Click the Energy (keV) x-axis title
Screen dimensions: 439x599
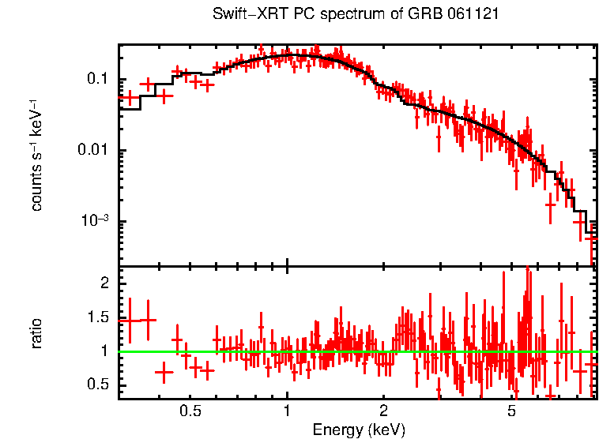click(359, 430)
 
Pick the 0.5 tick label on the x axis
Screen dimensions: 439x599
click(190, 411)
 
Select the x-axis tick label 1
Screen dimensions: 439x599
click(287, 411)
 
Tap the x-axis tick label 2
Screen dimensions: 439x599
click(383, 411)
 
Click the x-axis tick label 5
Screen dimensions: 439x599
click(511, 411)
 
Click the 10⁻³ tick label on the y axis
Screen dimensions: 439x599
click(96, 220)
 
